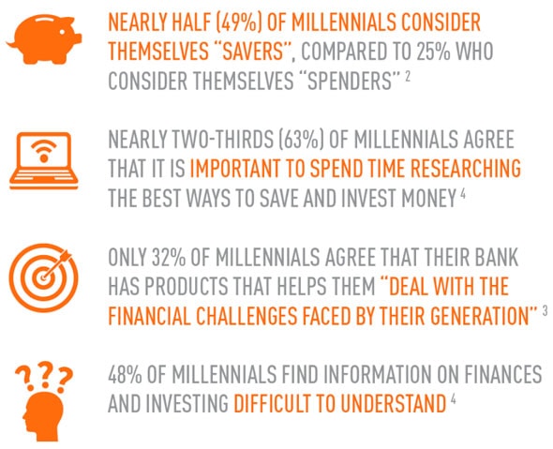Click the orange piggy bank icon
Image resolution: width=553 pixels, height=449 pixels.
(x=44, y=38)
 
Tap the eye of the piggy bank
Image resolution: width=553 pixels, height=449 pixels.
(x=62, y=31)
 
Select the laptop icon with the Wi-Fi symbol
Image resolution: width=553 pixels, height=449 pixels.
(x=44, y=160)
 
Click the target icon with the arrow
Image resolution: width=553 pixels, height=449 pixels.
(x=43, y=277)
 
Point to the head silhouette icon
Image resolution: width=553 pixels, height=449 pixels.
(x=44, y=415)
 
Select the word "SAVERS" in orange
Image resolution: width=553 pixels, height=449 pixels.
(x=253, y=52)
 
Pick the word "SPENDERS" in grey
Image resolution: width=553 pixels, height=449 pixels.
(x=350, y=81)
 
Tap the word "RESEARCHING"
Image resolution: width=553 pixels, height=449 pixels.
(x=466, y=169)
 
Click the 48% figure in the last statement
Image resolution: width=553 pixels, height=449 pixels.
(x=126, y=374)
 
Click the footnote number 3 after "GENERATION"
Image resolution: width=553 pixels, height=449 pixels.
(x=546, y=310)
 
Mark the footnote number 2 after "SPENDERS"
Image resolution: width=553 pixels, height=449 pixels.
(x=408, y=76)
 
